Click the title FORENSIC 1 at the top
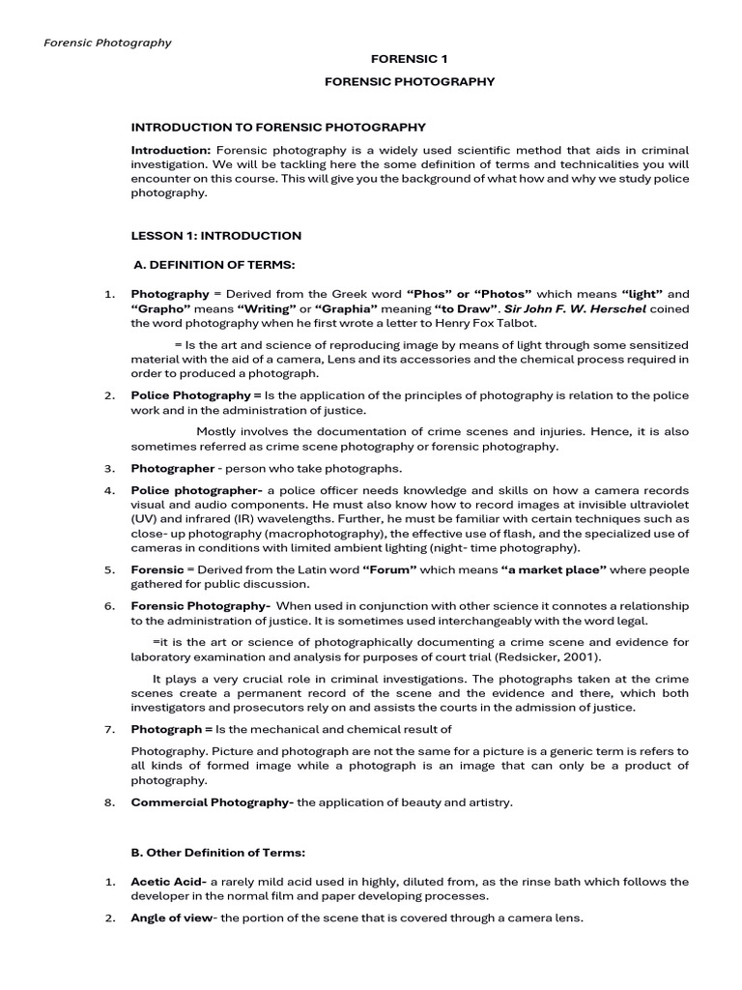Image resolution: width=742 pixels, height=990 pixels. tap(410, 59)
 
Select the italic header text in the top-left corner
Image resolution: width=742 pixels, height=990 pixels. tap(108, 43)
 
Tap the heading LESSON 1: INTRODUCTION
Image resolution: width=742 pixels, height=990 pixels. tap(216, 235)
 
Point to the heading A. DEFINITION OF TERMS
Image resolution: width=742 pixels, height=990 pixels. tap(214, 265)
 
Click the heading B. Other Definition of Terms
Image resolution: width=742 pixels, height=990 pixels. tap(218, 852)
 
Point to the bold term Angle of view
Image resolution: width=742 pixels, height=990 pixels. tap(174, 917)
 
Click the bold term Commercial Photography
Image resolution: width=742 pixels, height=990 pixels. tap(212, 801)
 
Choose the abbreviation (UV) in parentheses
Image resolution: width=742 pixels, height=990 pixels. tap(145, 519)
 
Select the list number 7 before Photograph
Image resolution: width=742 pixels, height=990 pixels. tap(109, 729)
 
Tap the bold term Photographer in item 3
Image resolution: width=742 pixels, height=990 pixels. tap(172, 468)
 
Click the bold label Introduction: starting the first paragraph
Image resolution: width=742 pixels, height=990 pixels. tap(171, 150)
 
